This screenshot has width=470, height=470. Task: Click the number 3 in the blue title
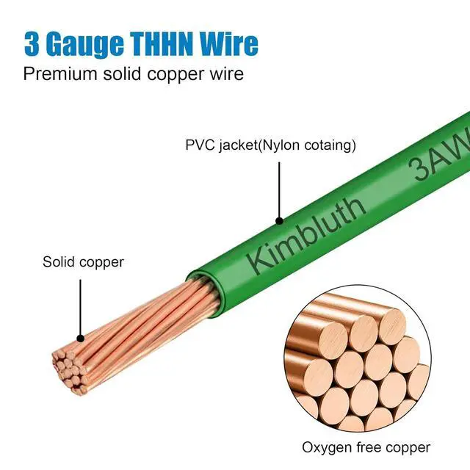tap(33, 44)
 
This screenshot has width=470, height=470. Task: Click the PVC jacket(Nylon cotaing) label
tap(270, 145)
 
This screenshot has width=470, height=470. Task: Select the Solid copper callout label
tap(83, 262)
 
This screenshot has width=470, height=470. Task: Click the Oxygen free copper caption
tap(366, 446)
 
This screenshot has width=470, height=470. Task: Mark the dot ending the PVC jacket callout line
tap(279, 218)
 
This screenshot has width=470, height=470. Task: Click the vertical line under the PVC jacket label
tap(279, 187)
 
